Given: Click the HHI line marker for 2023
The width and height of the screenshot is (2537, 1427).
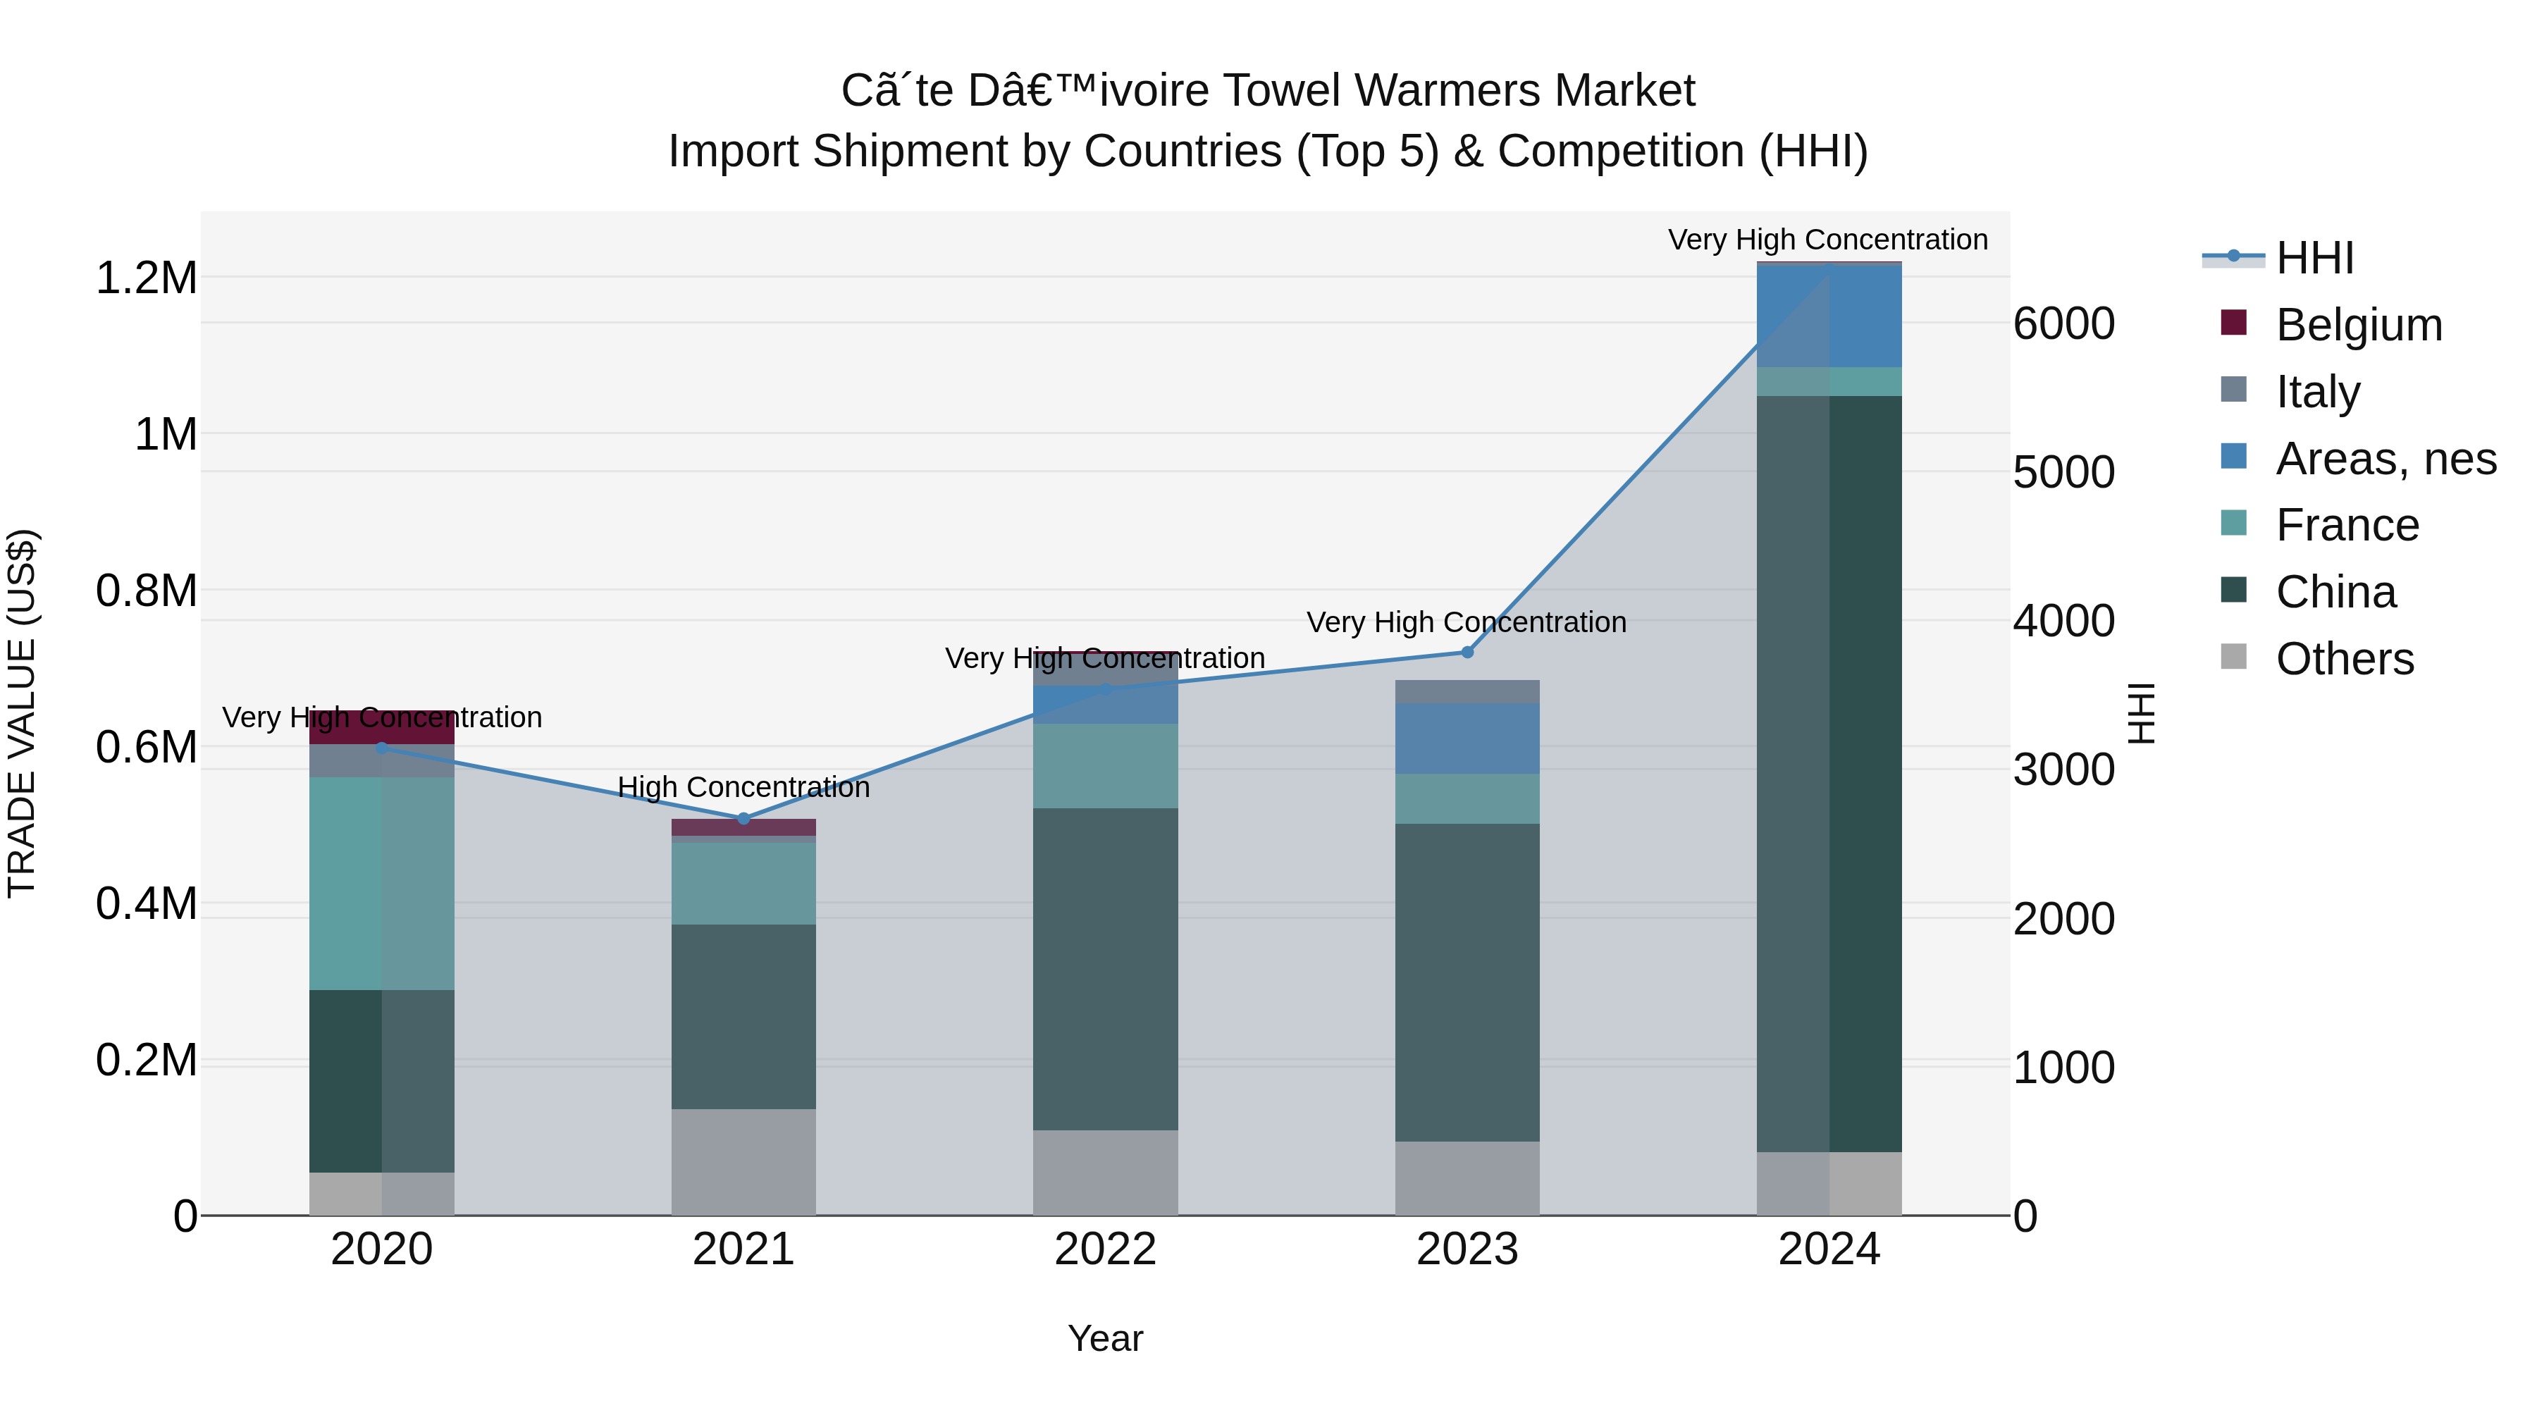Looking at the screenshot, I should pyautogui.click(x=1467, y=652).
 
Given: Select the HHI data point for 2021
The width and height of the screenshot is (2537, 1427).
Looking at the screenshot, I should pyautogui.click(x=743, y=818).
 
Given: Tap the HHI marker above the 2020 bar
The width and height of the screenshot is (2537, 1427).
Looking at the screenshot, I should pyautogui.click(x=382, y=748).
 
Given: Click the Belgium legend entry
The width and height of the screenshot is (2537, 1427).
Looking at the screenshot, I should pyautogui.click(x=2358, y=325).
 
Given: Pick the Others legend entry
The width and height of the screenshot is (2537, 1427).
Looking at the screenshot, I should pyautogui.click(x=2344, y=659).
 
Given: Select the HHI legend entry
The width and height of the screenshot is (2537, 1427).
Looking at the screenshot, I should pyautogui.click(x=2314, y=258).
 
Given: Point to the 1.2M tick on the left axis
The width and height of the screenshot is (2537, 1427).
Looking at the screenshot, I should pyautogui.click(x=146, y=278).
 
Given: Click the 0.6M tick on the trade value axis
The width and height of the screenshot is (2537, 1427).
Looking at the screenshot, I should pyautogui.click(x=146, y=748).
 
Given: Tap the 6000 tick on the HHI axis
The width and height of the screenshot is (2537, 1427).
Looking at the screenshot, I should pyautogui.click(x=2063, y=324).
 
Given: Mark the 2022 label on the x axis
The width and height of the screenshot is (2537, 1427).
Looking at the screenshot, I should pyautogui.click(x=1105, y=1249).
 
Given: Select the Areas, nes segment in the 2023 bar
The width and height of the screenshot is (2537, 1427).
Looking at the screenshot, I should pyautogui.click(x=1467, y=738).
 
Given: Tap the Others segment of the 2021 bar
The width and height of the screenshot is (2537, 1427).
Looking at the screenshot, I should pyautogui.click(x=743, y=1161).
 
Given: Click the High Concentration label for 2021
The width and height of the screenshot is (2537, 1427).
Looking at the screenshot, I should pyautogui.click(x=743, y=788).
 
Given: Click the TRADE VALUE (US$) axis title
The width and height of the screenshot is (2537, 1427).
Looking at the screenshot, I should pyautogui.click(x=22, y=713).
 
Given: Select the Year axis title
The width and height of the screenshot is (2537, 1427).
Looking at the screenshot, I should pyautogui.click(x=1105, y=1338).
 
